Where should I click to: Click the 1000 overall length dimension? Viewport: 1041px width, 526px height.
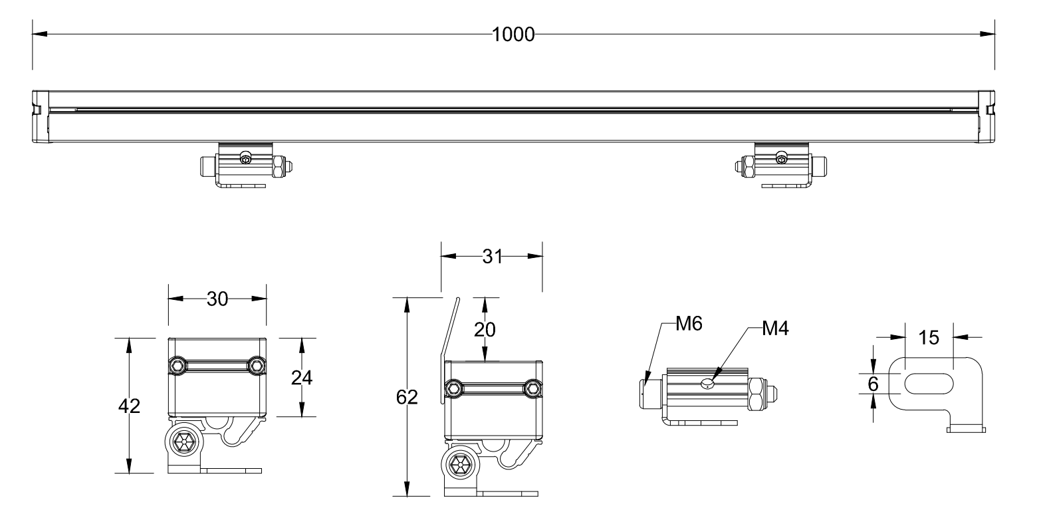(x=513, y=35)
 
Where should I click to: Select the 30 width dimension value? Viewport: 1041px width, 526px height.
(x=217, y=299)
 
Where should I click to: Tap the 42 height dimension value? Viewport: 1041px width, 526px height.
(x=129, y=406)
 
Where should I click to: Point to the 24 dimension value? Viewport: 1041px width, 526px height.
(x=302, y=377)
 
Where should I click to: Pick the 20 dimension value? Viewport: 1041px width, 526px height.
(x=485, y=329)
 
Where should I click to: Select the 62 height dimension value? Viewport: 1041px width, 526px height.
(x=406, y=397)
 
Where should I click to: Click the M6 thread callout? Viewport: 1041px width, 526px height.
(x=689, y=324)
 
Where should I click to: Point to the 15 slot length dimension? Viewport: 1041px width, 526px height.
(x=929, y=338)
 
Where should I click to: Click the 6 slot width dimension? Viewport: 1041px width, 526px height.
(x=873, y=384)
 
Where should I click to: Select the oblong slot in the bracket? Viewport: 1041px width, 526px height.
(x=928, y=384)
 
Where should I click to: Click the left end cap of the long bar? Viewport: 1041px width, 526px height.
(x=40, y=116)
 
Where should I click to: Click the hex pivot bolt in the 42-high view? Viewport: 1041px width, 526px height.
(x=183, y=441)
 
